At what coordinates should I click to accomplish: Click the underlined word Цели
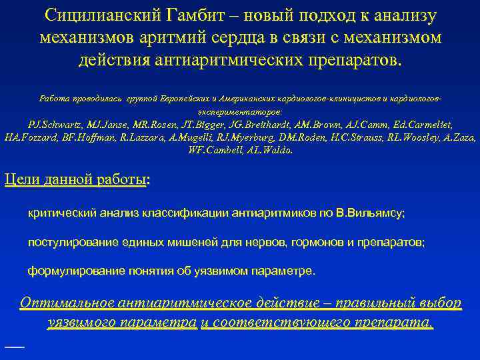click(19, 179)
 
